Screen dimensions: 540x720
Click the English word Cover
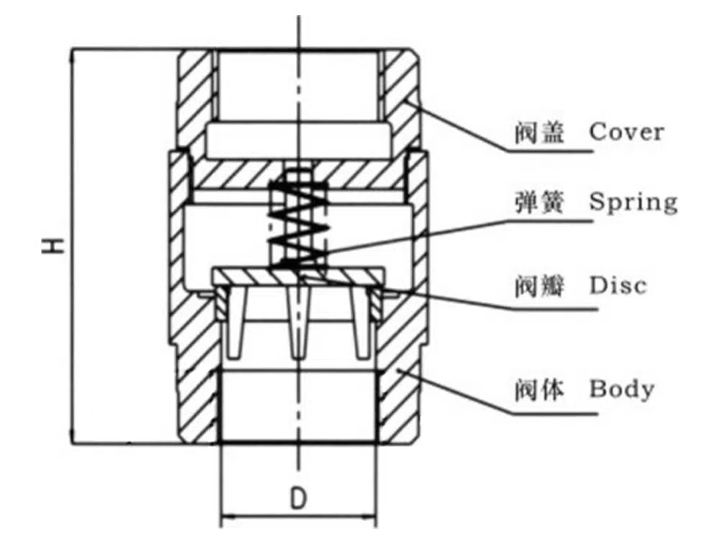[626, 132]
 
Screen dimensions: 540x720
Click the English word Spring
[633, 202]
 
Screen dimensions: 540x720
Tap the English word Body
[622, 390]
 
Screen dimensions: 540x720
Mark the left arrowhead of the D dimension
[224, 516]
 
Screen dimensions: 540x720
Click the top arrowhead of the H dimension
[73, 53]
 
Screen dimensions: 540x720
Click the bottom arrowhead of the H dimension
[73, 438]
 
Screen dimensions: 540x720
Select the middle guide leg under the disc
[297, 324]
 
